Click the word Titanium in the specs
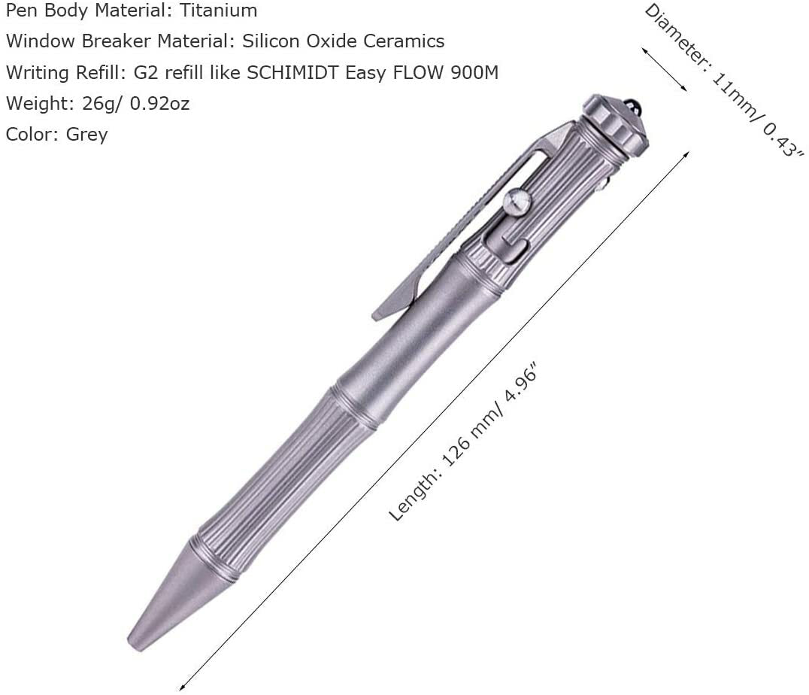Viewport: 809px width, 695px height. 218,11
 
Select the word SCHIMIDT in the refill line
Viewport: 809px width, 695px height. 294,73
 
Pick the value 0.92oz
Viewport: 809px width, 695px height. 159,104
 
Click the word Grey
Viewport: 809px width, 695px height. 86,135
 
